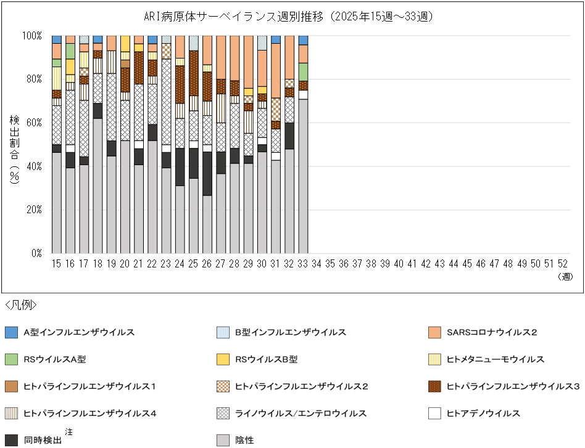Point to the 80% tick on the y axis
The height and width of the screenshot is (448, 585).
click(x=32, y=79)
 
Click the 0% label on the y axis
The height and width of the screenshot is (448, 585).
click(x=36, y=253)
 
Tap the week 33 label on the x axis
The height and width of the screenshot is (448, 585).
click(x=302, y=264)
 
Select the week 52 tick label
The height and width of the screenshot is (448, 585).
click(x=563, y=264)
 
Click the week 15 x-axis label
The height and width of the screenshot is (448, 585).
click(x=57, y=264)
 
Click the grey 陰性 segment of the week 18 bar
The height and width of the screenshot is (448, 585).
click(x=97, y=185)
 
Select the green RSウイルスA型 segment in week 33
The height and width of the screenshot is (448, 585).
click(x=302, y=71)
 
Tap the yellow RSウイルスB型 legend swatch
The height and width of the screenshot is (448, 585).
click(x=224, y=359)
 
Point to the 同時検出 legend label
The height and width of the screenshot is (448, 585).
click(x=43, y=441)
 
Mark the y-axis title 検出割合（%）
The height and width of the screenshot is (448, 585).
click(x=14, y=148)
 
